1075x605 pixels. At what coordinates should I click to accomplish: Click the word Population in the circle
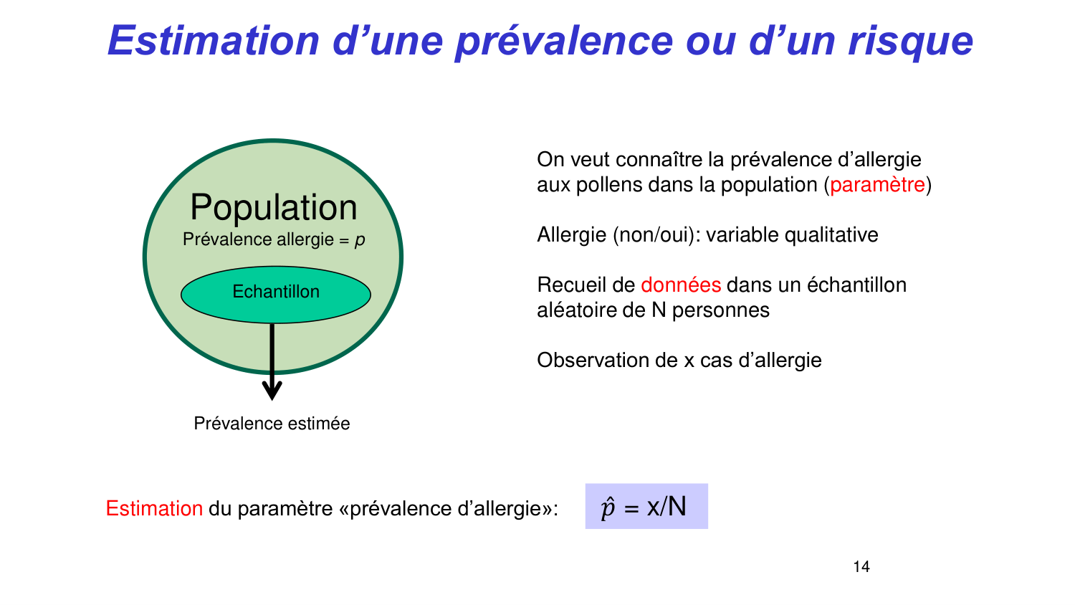pos(273,208)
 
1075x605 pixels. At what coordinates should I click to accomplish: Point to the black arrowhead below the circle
pos(272,390)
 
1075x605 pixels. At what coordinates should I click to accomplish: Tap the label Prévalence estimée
pos(272,424)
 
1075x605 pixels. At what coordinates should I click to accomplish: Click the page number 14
pos(861,567)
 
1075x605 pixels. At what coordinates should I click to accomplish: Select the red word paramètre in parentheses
pos(877,185)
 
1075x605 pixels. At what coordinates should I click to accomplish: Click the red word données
pos(680,285)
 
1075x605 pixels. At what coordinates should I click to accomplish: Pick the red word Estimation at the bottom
pos(154,509)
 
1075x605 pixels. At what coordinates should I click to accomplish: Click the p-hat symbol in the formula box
pos(608,508)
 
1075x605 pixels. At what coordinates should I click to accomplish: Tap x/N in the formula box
pos(666,507)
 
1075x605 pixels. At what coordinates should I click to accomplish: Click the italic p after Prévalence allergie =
pos(360,240)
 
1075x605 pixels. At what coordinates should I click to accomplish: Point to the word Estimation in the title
pos(213,40)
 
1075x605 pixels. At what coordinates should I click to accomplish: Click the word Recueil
pos(572,285)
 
